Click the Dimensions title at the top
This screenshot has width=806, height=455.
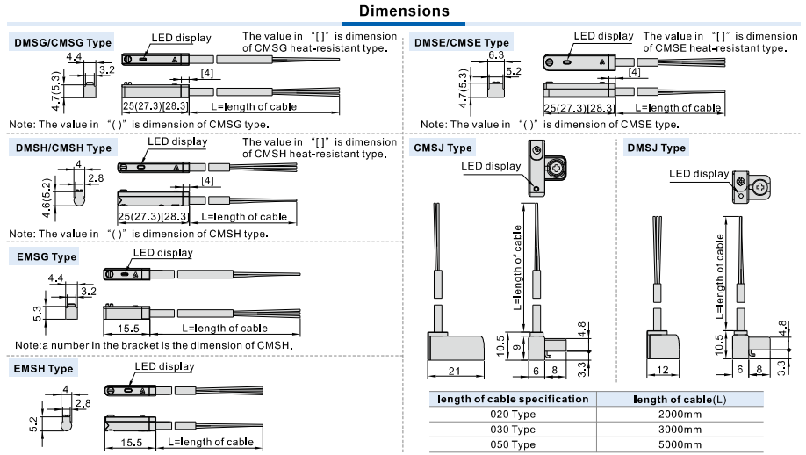402,11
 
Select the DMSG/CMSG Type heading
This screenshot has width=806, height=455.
61,42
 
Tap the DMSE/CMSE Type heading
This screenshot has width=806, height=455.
463,42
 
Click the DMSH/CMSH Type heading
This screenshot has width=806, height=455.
63,148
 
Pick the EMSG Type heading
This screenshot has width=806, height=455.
47,256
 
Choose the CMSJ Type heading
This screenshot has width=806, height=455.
443,148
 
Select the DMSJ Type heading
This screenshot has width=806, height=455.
657,148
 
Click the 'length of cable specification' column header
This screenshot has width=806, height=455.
514,399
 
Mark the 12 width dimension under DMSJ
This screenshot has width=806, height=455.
664,371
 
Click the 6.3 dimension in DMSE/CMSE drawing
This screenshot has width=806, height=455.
495,54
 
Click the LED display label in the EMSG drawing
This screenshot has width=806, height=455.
162,253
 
